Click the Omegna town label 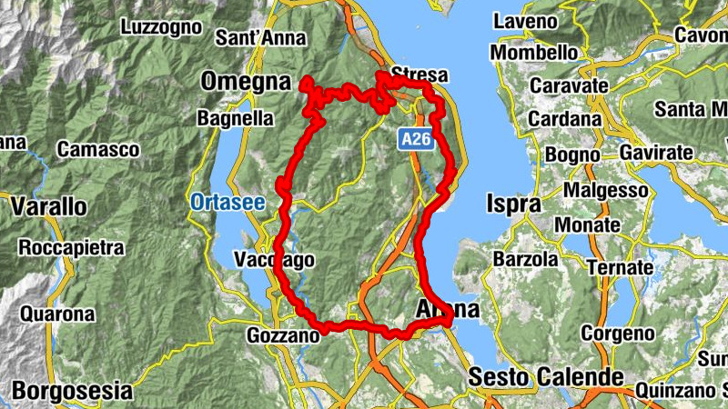(245, 82)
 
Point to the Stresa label (416, 74)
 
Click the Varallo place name (49, 207)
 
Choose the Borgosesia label (74, 393)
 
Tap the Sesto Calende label (546, 376)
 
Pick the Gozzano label (283, 336)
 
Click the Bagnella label (236, 118)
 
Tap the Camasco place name (97, 148)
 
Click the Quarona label (60, 314)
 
